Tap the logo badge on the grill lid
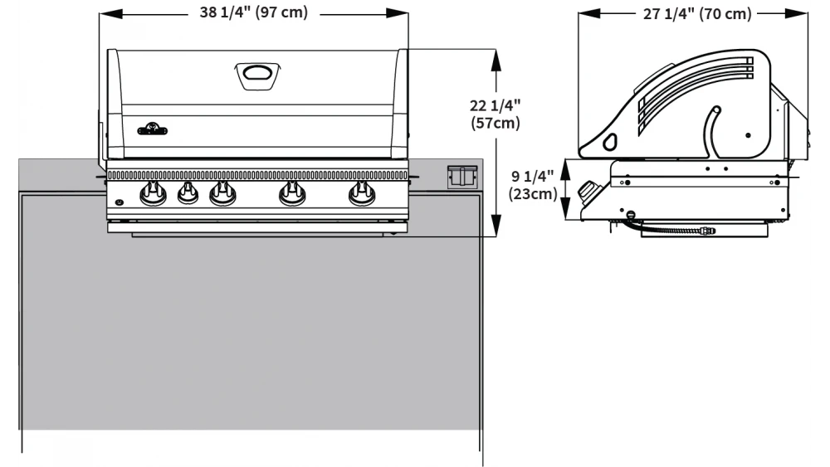pyautogui.click(x=152, y=129)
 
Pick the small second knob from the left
pyautogui.click(x=188, y=194)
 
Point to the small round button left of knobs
pyautogui.click(x=119, y=202)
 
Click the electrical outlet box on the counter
pyautogui.click(x=461, y=177)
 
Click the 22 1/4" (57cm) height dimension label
pyautogui.click(x=496, y=114)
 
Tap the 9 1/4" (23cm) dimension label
pyautogui.click(x=532, y=185)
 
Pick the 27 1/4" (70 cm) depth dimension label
pyautogui.click(x=697, y=14)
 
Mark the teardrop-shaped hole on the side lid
pyautogui.click(x=612, y=142)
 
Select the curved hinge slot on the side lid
pyautogui.click(x=712, y=129)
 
